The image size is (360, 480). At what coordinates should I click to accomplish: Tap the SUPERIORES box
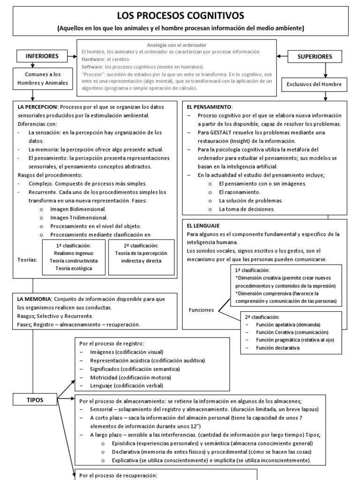[315, 57]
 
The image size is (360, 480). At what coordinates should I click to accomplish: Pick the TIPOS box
[35, 400]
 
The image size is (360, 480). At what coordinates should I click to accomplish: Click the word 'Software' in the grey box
[92, 67]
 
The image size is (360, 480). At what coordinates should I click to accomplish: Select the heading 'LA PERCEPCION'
[37, 107]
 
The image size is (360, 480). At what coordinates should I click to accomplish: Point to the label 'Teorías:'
[27, 259]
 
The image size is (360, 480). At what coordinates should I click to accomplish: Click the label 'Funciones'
[202, 310]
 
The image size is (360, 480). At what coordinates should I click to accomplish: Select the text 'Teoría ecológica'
[73, 268]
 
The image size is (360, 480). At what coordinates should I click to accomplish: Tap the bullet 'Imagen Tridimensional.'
[78, 217]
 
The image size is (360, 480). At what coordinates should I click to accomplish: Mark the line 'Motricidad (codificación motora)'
[124, 377]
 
